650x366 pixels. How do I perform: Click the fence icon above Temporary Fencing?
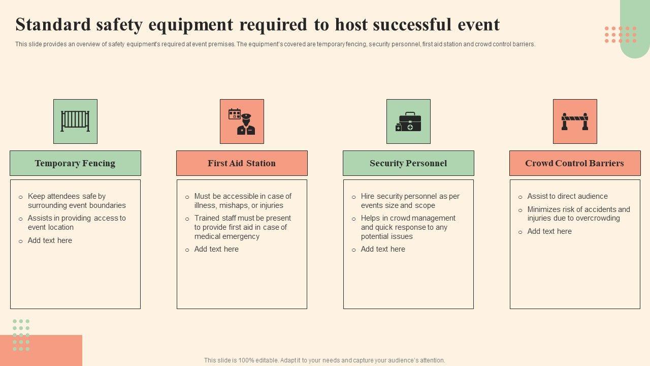(75, 121)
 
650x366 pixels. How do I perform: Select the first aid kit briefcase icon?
(408, 121)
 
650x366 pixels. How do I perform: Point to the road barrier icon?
(575, 121)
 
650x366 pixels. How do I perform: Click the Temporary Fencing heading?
(75, 163)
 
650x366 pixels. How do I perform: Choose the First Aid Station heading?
(242, 163)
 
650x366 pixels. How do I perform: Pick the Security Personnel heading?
(408, 163)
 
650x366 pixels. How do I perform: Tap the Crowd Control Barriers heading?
(574, 163)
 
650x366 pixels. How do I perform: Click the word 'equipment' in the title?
(191, 25)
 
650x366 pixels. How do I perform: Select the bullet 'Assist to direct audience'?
(567, 196)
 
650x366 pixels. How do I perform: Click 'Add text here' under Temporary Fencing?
(50, 240)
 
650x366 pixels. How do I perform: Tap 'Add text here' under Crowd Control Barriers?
(549, 231)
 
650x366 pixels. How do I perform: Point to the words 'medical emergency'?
(227, 236)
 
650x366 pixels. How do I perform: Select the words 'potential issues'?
(386, 236)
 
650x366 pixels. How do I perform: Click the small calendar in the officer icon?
(235, 113)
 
